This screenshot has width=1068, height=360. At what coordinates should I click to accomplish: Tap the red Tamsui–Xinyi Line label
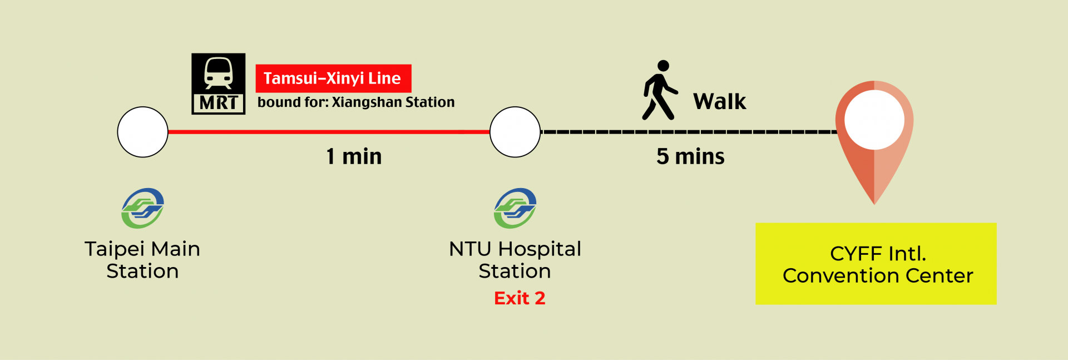click(x=333, y=78)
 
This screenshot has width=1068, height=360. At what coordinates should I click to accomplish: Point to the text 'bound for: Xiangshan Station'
click(x=356, y=102)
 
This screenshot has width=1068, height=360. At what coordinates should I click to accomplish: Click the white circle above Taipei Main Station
click(x=143, y=132)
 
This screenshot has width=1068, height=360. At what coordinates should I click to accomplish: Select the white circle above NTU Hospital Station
click(x=515, y=132)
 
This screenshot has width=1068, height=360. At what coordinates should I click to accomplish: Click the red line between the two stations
click(x=328, y=132)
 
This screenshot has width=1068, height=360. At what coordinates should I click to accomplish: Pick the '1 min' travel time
click(x=354, y=156)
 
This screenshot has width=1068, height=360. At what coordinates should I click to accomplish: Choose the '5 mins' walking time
click(x=690, y=156)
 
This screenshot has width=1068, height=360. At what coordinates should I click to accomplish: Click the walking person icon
click(x=660, y=90)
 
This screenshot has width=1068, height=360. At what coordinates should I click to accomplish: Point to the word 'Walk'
click(x=719, y=102)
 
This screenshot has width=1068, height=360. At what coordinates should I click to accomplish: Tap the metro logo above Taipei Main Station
click(x=143, y=208)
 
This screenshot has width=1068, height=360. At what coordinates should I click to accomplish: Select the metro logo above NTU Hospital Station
click(x=515, y=208)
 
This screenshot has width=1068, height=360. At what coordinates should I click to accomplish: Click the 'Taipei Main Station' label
click(x=142, y=260)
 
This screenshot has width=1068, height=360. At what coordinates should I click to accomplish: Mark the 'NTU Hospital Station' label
click(x=515, y=260)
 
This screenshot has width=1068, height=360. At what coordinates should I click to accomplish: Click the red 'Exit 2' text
click(x=520, y=298)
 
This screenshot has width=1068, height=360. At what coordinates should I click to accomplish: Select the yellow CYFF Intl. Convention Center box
click(x=876, y=264)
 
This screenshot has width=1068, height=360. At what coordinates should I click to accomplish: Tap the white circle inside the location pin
click(x=874, y=120)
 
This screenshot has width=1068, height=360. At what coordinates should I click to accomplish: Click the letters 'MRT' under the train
click(x=219, y=103)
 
